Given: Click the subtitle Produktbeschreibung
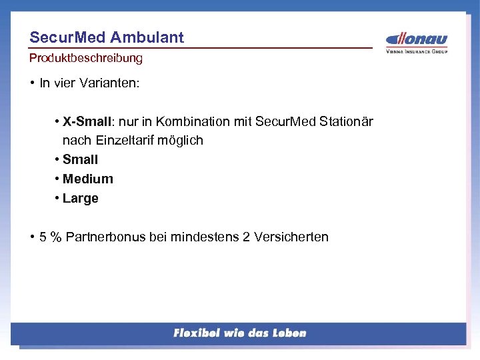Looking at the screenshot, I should click(x=86, y=58).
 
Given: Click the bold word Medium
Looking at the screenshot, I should click(x=88, y=179).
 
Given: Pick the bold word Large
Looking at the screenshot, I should click(x=81, y=198).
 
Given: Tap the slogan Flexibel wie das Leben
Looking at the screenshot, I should click(x=239, y=333).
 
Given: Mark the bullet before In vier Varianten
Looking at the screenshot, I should click(x=32, y=83).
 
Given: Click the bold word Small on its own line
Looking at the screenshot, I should click(x=80, y=159).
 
